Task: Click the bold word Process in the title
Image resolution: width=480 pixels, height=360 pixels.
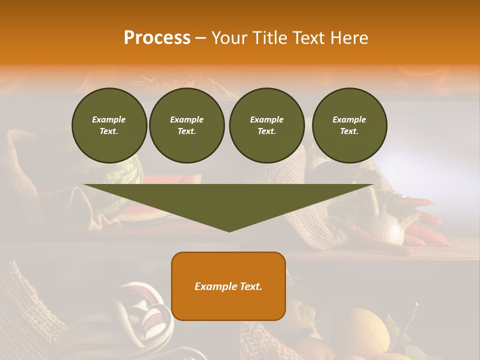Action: (157, 38)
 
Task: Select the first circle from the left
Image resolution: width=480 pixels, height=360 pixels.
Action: (109, 125)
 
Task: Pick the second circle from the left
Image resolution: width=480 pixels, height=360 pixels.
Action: (186, 125)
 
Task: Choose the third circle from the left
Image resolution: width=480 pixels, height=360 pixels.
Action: (266, 125)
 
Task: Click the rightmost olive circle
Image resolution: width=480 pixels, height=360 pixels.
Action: (349, 125)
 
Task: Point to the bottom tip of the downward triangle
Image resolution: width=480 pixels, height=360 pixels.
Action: (229, 230)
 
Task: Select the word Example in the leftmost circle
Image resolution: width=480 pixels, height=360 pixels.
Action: (109, 119)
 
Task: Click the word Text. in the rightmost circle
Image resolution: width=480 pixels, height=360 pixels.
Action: (349, 131)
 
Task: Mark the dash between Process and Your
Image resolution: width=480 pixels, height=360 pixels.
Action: (200, 38)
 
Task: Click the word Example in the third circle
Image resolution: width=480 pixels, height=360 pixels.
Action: (266, 119)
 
